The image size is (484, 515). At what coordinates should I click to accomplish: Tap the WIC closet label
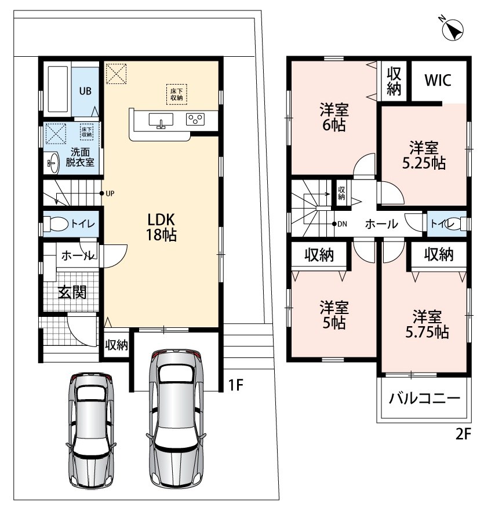pos(438,80)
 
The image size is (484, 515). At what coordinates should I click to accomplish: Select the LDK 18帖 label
pos(161,227)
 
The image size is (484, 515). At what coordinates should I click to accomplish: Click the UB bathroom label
pos(85,91)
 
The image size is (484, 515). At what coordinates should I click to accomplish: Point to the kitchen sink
pos(161,120)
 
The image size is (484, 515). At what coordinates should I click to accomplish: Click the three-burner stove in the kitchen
pos(195,119)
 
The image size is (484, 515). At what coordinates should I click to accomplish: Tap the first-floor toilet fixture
pos(56,224)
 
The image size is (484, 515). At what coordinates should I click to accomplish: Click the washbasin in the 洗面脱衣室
pos(52,162)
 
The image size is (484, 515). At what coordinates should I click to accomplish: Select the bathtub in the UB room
pos(58,90)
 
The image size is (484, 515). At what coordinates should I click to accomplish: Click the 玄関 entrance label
pos(72,292)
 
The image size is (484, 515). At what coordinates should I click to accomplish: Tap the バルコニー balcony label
pos(424,399)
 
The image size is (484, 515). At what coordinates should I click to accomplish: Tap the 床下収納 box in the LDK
pos(177,94)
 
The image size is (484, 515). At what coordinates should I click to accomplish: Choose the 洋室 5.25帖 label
pos(424,155)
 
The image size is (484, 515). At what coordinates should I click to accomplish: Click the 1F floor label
pos(235,385)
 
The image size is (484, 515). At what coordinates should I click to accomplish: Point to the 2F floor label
pos(463,434)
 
